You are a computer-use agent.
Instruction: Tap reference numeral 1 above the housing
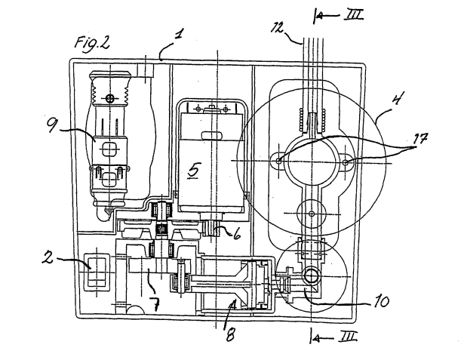179,34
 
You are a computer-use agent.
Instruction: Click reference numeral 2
48,257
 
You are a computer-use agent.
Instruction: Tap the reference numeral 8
230,335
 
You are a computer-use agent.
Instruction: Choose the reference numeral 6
236,235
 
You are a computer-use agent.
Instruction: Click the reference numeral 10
382,302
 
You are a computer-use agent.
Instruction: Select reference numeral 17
421,139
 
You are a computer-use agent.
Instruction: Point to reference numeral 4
397,98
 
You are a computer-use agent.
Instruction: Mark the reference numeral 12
278,28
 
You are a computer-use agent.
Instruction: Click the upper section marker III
353,15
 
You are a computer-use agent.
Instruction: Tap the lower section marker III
348,337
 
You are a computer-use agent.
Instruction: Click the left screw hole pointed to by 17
278,161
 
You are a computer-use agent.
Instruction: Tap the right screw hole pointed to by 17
346,162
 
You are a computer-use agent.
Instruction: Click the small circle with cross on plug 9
110,97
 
